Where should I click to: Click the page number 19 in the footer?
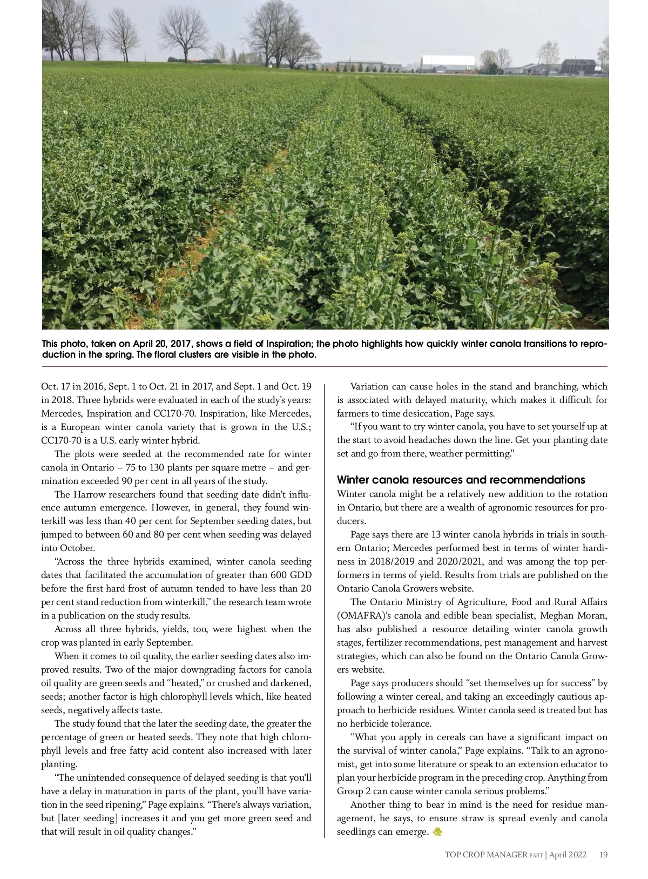click(x=603, y=855)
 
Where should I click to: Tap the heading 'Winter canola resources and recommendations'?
click(x=461, y=480)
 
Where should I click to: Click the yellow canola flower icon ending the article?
click(x=437, y=832)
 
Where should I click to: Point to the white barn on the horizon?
click(x=448, y=63)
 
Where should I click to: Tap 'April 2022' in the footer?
click(x=568, y=855)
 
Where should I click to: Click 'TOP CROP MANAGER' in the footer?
click(x=485, y=855)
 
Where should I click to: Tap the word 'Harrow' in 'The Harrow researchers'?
click(x=89, y=494)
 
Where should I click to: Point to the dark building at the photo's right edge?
click(x=578, y=66)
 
